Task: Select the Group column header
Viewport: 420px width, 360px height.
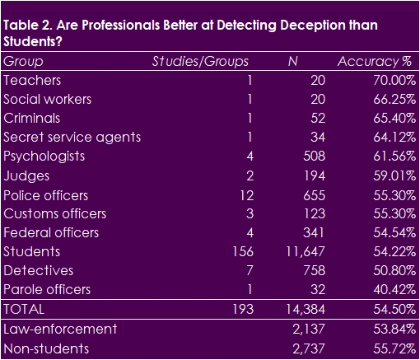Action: pyautogui.click(x=23, y=62)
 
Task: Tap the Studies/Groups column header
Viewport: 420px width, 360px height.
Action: pyautogui.click(x=200, y=62)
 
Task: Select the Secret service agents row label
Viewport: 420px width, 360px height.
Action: pyautogui.click(x=72, y=137)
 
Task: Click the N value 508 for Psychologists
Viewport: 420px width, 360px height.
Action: pyautogui.click(x=314, y=156)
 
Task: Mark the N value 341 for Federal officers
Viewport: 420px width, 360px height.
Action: pyautogui.click(x=314, y=232)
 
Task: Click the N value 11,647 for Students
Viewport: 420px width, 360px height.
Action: pyautogui.click(x=306, y=251)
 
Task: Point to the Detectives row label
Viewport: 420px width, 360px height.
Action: pyautogui.click(x=38, y=270)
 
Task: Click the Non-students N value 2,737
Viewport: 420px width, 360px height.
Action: pyautogui.click(x=310, y=348)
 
